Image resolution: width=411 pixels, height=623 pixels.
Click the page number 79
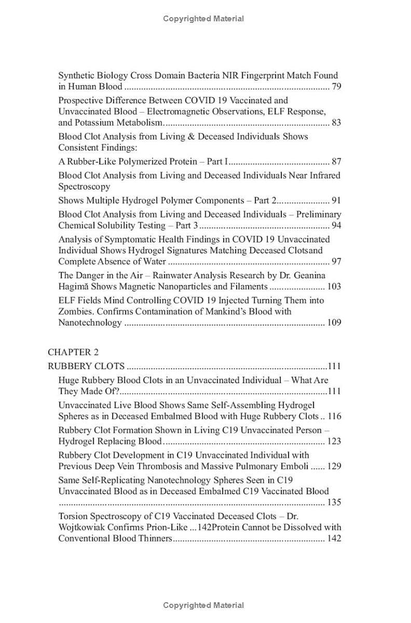pyautogui.click(x=336, y=87)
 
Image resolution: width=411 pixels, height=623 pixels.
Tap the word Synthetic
pyautogui.click(x=76, y=75)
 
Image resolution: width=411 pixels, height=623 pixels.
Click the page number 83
pyautogui.click(x=336, y=123)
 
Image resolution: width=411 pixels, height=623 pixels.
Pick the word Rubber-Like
pyautogui.click(x=84, y=161)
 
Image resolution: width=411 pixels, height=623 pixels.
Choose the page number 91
pyautogui.click(x=336, y=200)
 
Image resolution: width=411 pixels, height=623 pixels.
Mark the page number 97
pyautogui.click(x=336, y=261)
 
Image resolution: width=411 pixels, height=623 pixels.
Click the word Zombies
pyautogui.click(x=77, y=311)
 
